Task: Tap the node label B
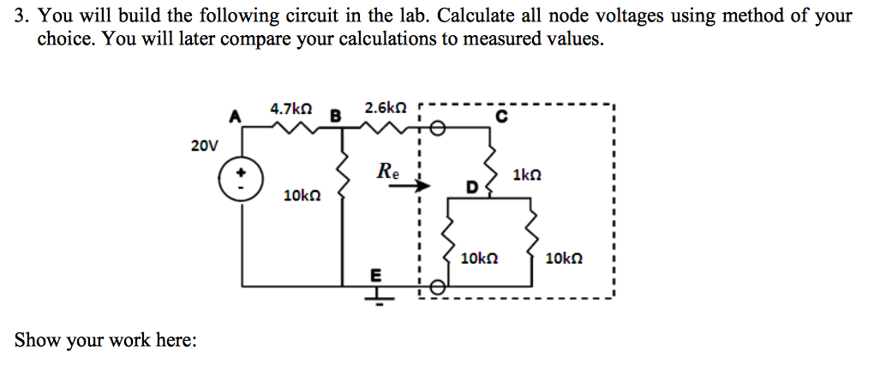click(336, 115)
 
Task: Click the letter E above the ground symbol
click(373, 276)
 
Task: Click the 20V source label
click(204, 146)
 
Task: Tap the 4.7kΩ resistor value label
click(290, 109)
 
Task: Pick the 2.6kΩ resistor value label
click(385, 109)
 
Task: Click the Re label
click(387, 169)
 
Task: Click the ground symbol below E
click(374, 292)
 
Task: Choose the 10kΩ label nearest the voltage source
click(302, 196)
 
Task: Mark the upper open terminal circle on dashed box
click(437, 128)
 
